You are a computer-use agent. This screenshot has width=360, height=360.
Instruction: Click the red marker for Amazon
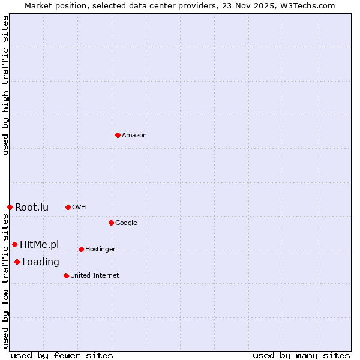pyautogui.click(x=118, y=135)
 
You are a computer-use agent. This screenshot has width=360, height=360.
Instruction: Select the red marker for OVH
pyautogui.click(x=68, y=207)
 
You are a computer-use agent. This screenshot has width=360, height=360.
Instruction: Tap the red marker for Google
pyautogui.click(x=111, y=223)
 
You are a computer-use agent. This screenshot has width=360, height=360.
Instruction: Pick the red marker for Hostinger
pyautogui.click(x=81, y=249)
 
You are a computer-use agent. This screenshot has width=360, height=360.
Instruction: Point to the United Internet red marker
pyautogui.click(x=66, y=275)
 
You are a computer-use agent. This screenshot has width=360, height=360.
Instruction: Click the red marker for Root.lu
pyautogui.click(x=10, y=207)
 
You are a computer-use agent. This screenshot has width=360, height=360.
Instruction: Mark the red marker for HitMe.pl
pyautogui.click(x=14, y=244)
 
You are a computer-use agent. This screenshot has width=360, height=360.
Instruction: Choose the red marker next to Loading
pyautogui.click(x=17, y=262)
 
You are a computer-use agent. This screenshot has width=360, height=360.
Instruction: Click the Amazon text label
pyautogui.click(x=134, y=136)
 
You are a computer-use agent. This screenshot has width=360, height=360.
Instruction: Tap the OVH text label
pyautogui.click(x=79, y=208)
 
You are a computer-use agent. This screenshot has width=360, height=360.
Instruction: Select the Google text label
pyautogui.click(x=126, y=223)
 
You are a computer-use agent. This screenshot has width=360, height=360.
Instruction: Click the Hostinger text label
pyautogui.click(x=100, y=250)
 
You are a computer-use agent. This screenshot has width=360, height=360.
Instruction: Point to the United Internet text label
pyautogui.click(x=94, y=276)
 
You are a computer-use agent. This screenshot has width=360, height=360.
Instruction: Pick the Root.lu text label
pyautogui.click(x=32, y=208)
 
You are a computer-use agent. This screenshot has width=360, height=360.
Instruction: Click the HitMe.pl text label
pyautogui.click(x=40, y=244)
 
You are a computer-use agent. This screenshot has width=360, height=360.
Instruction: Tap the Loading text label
pyautogui.click(x=41, y=262)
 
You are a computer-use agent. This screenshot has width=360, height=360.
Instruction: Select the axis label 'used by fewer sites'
pyautogui.click(x=62, y=355)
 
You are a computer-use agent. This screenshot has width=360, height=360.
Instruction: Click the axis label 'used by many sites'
pyautogui.click(x=301, y=355)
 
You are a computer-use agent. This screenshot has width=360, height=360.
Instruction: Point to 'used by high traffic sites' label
pyautogui.click(x=6, y=86)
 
